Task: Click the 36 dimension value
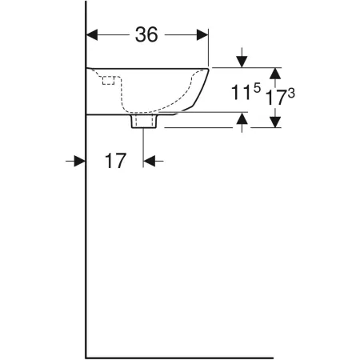click(146, 34)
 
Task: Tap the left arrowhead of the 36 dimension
click(92, 35)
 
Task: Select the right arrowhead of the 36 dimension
click(202, 35)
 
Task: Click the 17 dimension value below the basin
click(115, 161)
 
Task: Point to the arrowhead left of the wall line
click(79, 161)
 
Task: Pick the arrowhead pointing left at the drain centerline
click(150, 161)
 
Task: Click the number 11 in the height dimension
click(241, 93)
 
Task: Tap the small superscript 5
click(257, 88)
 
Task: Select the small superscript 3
click(291, 94)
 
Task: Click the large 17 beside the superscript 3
click(276, 98)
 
